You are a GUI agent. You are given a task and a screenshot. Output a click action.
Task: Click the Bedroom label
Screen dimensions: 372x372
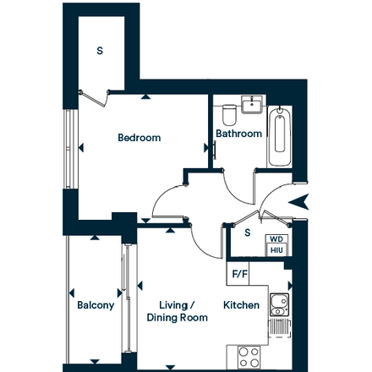click(139, 138)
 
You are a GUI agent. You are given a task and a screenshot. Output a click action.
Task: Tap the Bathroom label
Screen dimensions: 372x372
click(238, 134)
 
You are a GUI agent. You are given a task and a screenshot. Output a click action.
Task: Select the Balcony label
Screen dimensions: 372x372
click(96, 305)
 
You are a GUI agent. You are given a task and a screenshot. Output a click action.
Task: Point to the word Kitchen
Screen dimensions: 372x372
click(241, 305)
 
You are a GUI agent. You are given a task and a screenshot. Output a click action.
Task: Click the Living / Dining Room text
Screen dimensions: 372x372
click(178, 311)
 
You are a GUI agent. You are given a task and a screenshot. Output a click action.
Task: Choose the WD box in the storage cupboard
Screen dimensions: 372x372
click(276, 239)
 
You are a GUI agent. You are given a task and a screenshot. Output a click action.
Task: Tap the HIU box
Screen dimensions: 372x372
click(276, 250)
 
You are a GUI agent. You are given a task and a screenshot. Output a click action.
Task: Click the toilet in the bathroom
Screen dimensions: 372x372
click(229, 115)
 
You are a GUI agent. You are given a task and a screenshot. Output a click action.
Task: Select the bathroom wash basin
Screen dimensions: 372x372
click(252, 105)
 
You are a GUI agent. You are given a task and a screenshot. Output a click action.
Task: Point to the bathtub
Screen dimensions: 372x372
click(280, 136)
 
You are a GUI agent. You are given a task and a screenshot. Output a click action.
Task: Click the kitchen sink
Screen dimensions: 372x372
click(280, 304)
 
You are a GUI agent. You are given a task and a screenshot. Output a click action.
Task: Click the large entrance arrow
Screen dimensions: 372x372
click(298, 202)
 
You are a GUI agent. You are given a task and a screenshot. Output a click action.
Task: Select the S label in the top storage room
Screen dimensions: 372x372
click(100, 51)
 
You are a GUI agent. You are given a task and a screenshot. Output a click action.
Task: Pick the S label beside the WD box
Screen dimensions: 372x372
click(248, 232)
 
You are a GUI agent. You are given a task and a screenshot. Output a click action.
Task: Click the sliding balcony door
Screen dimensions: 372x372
click(128, 298)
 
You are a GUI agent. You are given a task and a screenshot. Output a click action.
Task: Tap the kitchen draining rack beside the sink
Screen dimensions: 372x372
click(280, 328)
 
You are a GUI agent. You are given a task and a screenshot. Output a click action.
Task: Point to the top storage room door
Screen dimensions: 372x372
click(95, 98)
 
